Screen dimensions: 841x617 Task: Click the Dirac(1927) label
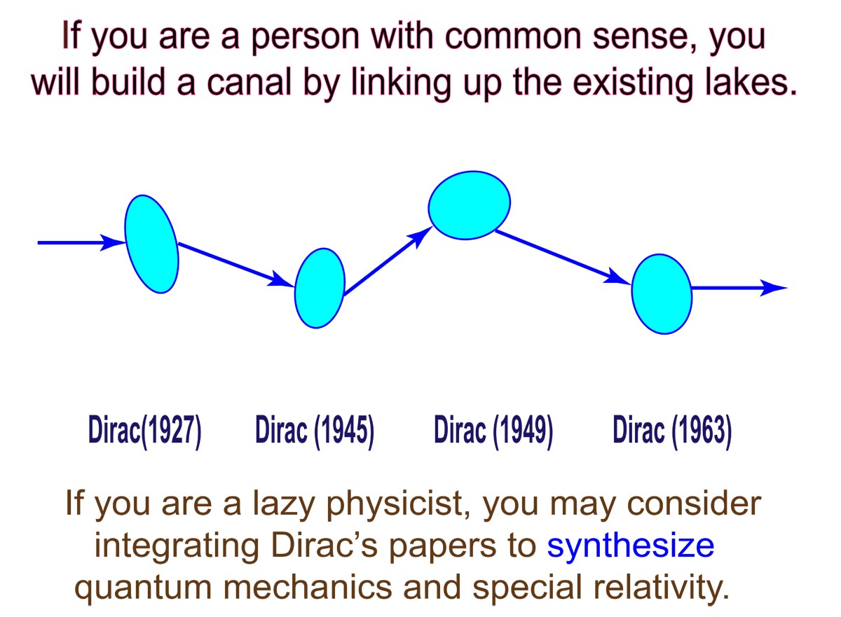point(145,431)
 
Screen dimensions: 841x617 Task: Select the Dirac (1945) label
point(315,431)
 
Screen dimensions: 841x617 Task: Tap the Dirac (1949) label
point(493,431)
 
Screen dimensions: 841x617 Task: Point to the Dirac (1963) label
point(672,431)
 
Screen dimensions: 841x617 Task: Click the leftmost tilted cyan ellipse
point(151,244)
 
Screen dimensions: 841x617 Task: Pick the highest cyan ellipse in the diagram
point(470,205)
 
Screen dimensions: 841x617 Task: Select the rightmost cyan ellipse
point(662,294)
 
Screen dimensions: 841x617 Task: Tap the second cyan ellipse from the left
point(320,288)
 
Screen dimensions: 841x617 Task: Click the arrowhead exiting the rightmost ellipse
point(774,288)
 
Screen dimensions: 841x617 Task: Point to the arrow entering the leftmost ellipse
point(81,243)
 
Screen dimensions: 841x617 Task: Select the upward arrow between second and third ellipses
point(388,261)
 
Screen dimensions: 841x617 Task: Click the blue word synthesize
point(630,547)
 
